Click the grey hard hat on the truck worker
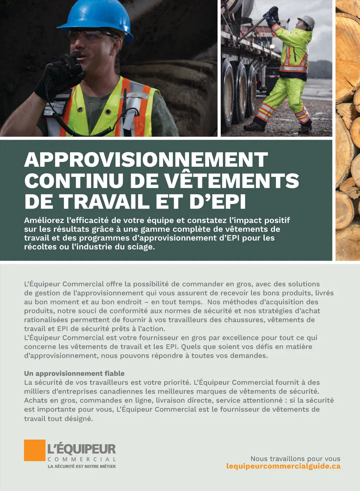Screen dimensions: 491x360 [x=307, y=22]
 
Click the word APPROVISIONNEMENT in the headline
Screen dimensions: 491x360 [x=146, y=160]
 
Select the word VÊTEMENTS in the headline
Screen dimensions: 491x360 [x=232, y=181]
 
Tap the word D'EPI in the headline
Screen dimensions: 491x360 [x=218, y=202]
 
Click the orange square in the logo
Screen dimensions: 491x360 [x=34, y=450]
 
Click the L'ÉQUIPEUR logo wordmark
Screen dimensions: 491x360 [x=82, y=449]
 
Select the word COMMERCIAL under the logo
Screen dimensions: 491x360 [x=82, y=459]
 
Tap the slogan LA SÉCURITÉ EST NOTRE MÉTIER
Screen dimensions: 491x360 [x=82, y=466]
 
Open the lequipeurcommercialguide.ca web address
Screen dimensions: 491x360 [x=283, y=466]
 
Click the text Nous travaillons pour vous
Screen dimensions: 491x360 [x=295, y=459]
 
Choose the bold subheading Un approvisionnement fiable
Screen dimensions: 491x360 [x=74, y=374]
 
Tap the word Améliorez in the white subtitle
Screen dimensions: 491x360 [x=44, y=221]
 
